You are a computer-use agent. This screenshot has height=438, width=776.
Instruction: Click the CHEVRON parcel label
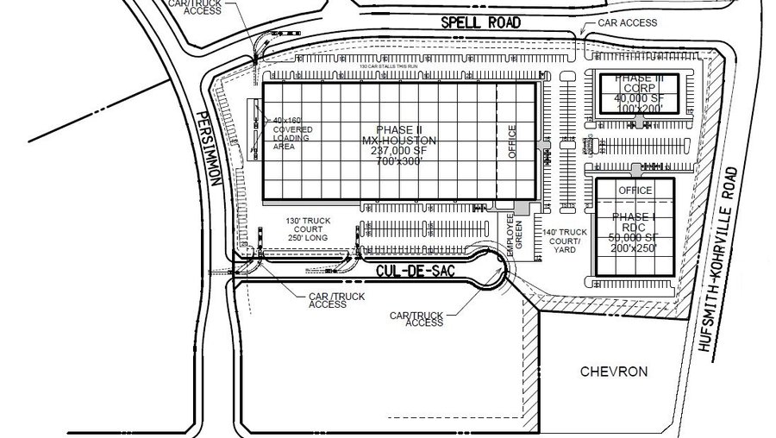(614, 372)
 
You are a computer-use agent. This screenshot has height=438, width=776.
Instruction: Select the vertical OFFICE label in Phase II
(511, 142)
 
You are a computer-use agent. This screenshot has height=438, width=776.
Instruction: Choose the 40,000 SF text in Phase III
(639, 97)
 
